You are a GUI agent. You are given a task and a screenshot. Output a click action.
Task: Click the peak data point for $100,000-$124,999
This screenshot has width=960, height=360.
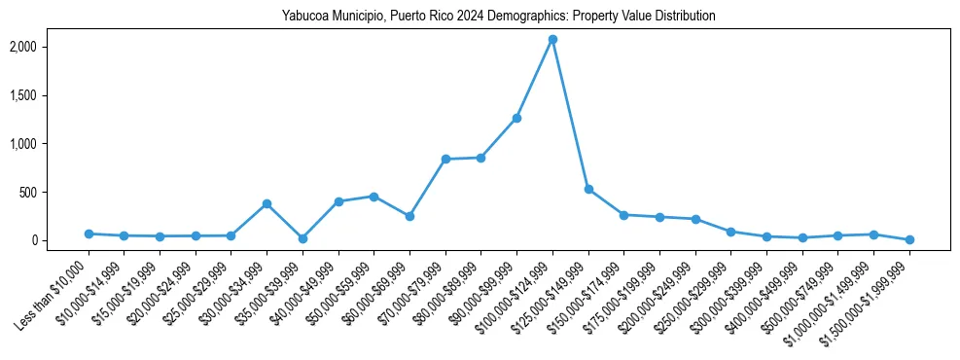pyautogui.click(x=552, y=39)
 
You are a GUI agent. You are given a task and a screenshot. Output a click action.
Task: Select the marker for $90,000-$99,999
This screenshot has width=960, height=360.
pyautogui.click(x=516, y=118)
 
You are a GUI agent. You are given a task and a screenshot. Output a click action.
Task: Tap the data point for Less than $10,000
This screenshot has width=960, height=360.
pyautogui.click(x=89, y=234)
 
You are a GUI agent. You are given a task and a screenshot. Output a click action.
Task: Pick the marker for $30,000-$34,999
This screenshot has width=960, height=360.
pyautogui.click(x=267, y=203)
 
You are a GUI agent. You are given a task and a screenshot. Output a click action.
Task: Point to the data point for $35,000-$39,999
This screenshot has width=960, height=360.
pyautogui.click(x=302, y=238)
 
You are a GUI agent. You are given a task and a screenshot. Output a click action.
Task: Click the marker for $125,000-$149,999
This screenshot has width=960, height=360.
pyautogui.click(x=588, y=189)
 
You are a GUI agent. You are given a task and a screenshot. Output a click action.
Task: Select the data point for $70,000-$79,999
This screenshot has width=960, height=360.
pyautogui.click(x=445, y=159)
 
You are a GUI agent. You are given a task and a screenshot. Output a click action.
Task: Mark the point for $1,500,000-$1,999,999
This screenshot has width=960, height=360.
pyautogui.click(x=909, y=239)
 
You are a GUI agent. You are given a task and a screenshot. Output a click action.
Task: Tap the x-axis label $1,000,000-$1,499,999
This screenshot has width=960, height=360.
pyautogui.click(x=835, y=293)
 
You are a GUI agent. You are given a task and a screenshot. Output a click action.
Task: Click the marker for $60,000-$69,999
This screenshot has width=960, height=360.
pyautogui.click(x=409, y=216)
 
